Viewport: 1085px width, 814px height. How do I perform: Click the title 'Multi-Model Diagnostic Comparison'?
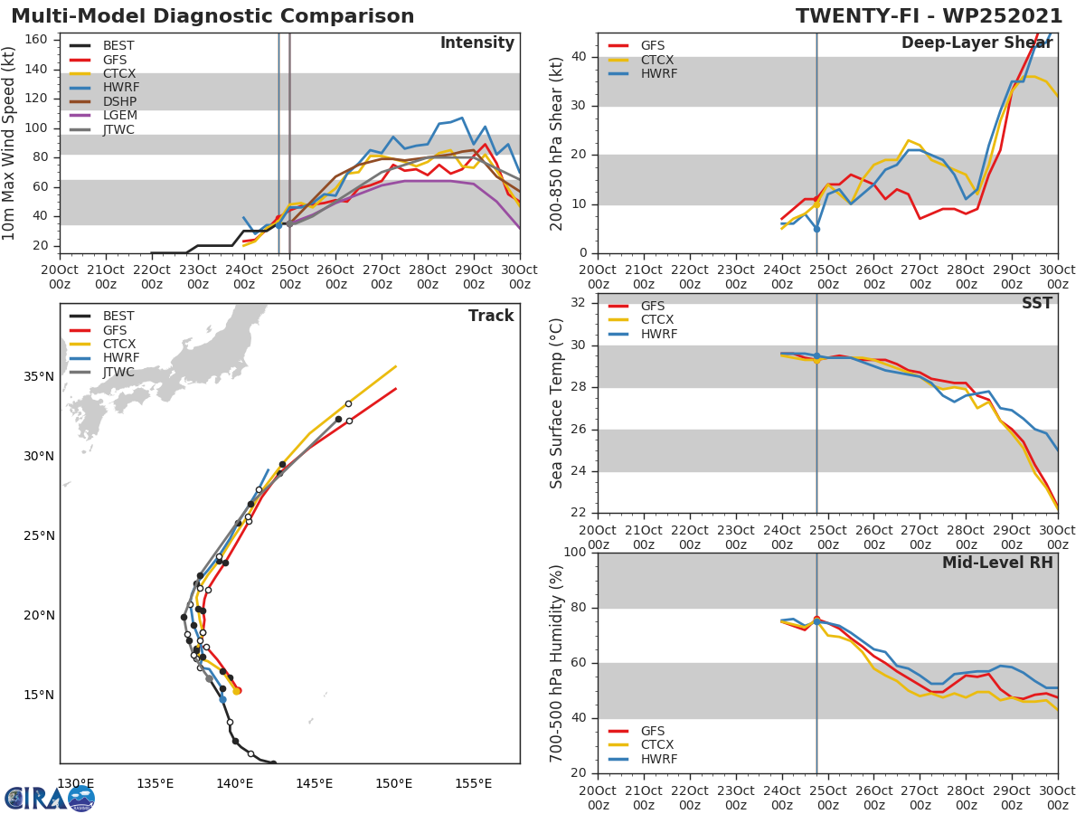tap(212, 16)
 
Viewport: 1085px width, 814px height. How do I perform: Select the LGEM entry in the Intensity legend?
tap(118, 115)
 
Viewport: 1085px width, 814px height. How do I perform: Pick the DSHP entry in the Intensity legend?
tap(118, 101)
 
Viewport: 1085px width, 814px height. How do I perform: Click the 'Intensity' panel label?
tap(476, 43)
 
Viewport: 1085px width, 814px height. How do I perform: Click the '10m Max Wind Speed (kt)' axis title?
tap(10, 143)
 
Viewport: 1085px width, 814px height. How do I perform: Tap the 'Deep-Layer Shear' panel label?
tap(976, 43)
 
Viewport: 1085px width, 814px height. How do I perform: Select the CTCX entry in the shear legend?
tap(657, 60)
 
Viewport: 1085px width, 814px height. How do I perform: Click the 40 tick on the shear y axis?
tap(580, 57)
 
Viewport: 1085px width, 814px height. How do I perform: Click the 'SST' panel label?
tap(1036, 304)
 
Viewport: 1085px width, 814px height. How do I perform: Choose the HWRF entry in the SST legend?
tap(658, 335)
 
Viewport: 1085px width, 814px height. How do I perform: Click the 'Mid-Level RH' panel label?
tap(997, 563)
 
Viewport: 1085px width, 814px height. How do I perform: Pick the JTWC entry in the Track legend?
tap(118, 373)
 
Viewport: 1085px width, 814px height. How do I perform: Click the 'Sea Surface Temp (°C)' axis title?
tap(557, 403)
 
